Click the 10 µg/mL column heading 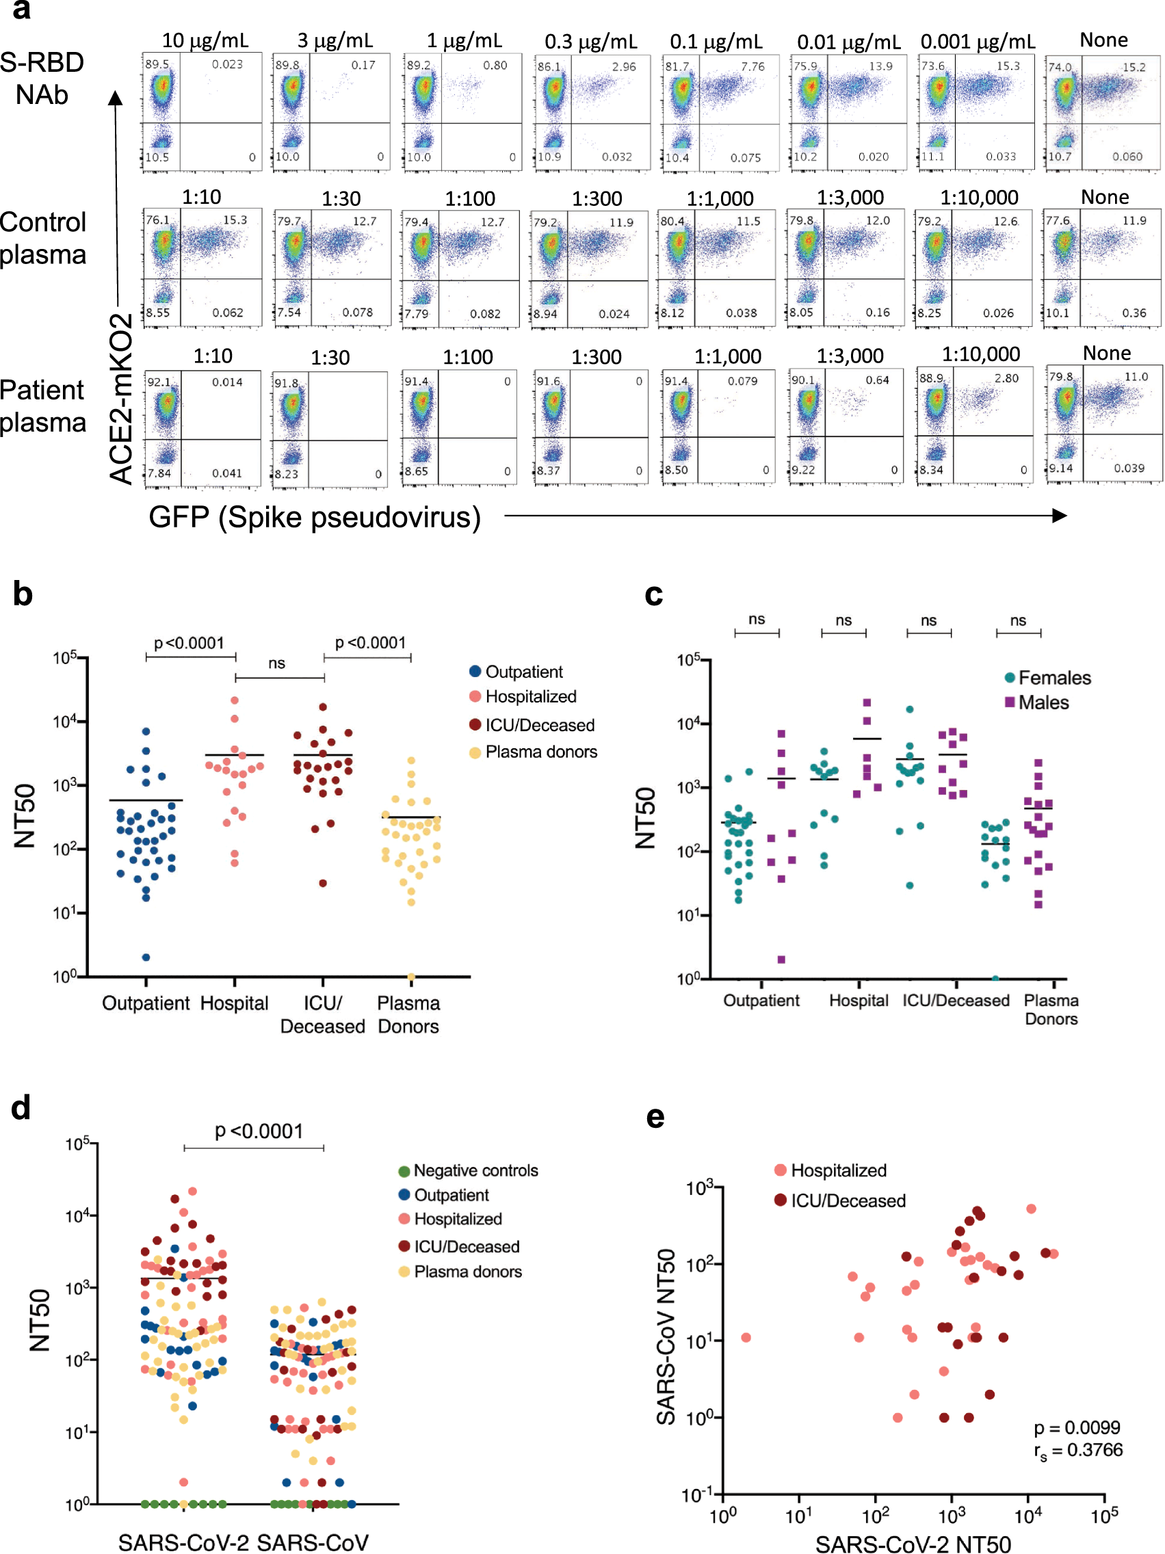(205, 40)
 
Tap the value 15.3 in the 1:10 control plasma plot (235, 220)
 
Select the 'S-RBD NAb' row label (42, 78)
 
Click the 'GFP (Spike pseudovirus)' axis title (314, 518)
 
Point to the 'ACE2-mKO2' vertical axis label (121, 398)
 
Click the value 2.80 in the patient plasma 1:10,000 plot (1006, 378)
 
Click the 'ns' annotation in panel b (276, 663)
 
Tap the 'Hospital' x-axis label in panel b (234, 1003)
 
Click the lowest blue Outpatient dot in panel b (146, 958)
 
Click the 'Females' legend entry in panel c (1053, 678)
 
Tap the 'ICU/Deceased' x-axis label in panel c (955, 1001)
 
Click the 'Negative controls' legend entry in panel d (475, 1170)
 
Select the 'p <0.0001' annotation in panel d (259, 1131)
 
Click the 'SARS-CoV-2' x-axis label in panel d (183, 1542)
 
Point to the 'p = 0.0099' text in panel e (1077, 1427)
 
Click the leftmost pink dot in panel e (746, 1338)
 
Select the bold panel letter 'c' (653, 595)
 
